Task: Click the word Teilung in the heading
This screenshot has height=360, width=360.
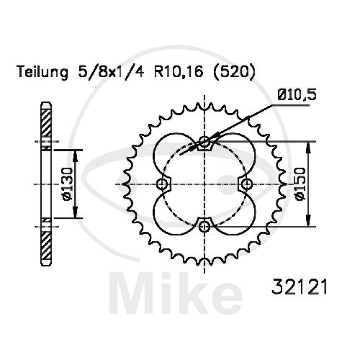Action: tap(42, 72)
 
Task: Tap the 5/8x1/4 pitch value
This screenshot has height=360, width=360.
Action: tap(111, 72)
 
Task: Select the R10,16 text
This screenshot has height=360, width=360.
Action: tap(178, 72)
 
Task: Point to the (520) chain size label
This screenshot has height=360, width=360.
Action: tap(233, 72)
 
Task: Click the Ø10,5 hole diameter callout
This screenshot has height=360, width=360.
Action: tap(297, 95)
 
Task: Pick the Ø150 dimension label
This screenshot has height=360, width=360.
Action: tap(300, 184)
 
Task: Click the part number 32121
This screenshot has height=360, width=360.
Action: tap(299, 287)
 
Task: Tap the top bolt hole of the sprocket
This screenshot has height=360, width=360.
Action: tap(204, 142)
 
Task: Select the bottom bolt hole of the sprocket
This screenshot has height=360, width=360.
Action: tap(204, 226)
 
